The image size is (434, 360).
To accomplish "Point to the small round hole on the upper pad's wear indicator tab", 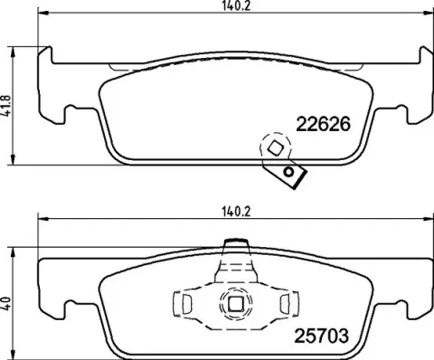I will [289, 172].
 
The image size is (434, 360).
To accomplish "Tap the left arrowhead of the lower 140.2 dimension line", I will [41, 222].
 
